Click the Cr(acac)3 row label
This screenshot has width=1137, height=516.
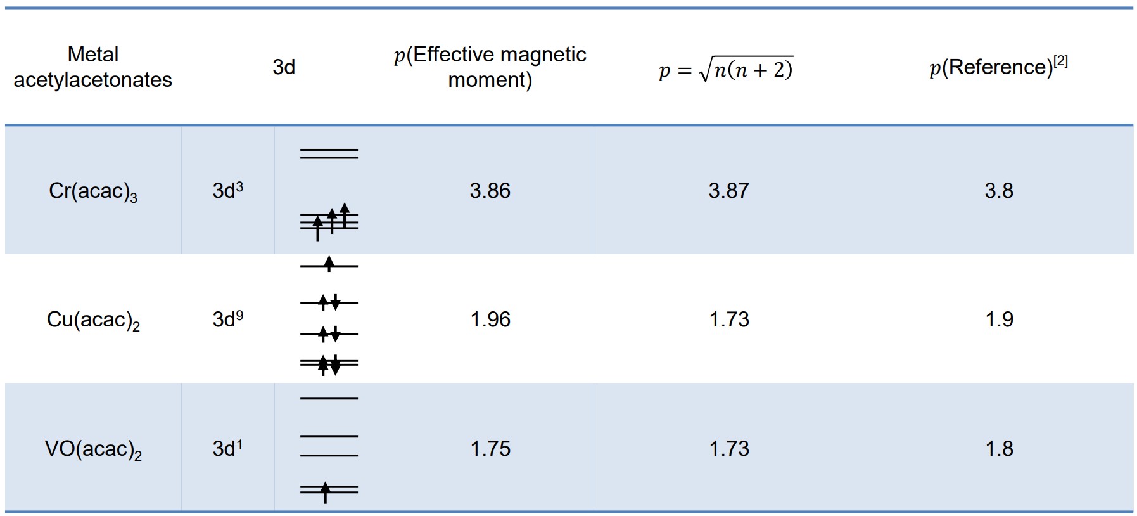click(93, 191)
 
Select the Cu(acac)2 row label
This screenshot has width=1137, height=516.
click(93, 320)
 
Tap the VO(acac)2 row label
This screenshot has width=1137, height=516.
click(93, 449)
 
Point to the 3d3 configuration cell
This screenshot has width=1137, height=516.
click(227, 191)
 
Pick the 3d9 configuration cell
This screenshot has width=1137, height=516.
click(227, 319)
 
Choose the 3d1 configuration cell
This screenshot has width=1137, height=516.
click(227, 448)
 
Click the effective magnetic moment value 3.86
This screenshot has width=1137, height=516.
click(490, 191)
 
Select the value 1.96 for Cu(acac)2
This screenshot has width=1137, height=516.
click(490, 319)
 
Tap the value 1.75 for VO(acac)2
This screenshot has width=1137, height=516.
click(490, 449)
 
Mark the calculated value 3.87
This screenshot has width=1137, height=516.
click(728, 191)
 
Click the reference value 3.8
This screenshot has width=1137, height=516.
click(998, 191)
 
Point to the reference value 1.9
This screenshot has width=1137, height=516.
click(999, 319)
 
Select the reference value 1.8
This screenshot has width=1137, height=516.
click(999, 449)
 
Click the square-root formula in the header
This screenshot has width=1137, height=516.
click(726, 68)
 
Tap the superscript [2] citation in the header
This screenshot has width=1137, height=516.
click(1060, 61)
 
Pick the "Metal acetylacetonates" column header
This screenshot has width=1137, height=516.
click(93, 67)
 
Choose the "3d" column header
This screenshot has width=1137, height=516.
click(284, 67)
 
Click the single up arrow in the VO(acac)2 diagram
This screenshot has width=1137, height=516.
click(326, 491)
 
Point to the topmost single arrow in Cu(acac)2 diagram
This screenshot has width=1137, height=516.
click(329, 264)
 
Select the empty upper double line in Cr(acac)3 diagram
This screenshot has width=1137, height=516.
click(329, 153)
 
